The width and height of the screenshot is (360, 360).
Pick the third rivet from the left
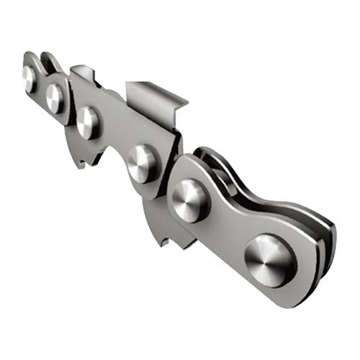point(88,122)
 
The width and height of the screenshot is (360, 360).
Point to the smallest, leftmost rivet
point(29,78)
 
